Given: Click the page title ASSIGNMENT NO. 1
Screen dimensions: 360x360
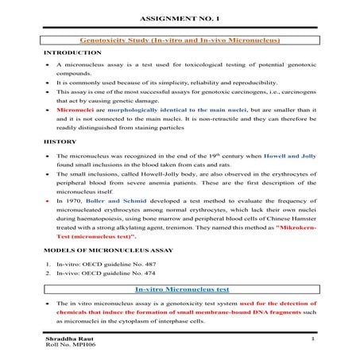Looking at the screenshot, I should [x=180, y=17].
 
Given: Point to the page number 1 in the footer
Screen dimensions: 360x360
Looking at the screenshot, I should [x=315, y=339].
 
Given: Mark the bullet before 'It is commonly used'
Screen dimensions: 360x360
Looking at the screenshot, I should [x=47, y=81].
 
